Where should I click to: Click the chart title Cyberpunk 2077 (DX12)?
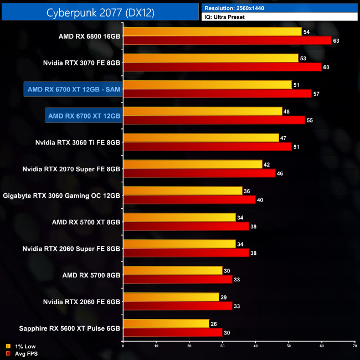point(100,11)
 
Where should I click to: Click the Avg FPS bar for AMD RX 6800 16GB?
point(227,40)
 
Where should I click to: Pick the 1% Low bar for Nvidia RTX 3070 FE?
point(210,58)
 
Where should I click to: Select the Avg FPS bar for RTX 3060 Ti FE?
point(207,147)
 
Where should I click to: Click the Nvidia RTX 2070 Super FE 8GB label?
point(71,169)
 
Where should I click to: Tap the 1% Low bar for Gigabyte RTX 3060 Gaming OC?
point(183,191)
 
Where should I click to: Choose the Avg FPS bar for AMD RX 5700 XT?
point(186,227)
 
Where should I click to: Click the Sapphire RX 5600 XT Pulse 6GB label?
point(61,328)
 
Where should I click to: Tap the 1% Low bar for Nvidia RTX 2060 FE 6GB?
point(171,297)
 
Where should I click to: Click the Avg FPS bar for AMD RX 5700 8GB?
point(177,280)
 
